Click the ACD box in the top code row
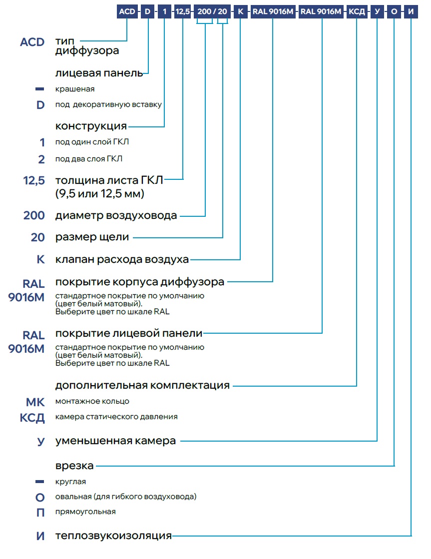(127, 11)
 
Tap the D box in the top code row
(147, 11)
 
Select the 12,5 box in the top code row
(182, 11)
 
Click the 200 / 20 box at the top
(212, 11)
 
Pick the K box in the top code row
(240, 11)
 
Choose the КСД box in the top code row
(357, 11)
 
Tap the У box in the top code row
(377, 11)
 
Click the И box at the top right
(411, 11)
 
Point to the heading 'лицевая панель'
(99, 73)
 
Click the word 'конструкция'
(91, 126)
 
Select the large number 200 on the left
(34, 215)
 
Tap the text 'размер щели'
(92, 237)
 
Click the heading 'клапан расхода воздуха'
(122, 259)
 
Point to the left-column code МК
(35, 402)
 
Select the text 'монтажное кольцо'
(92, 401)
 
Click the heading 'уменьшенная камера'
(115, 441)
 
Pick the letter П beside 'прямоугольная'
(40, 513)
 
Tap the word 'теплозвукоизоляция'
(113, 536)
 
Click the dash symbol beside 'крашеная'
(39, 89)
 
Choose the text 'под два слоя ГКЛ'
(89, 159)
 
